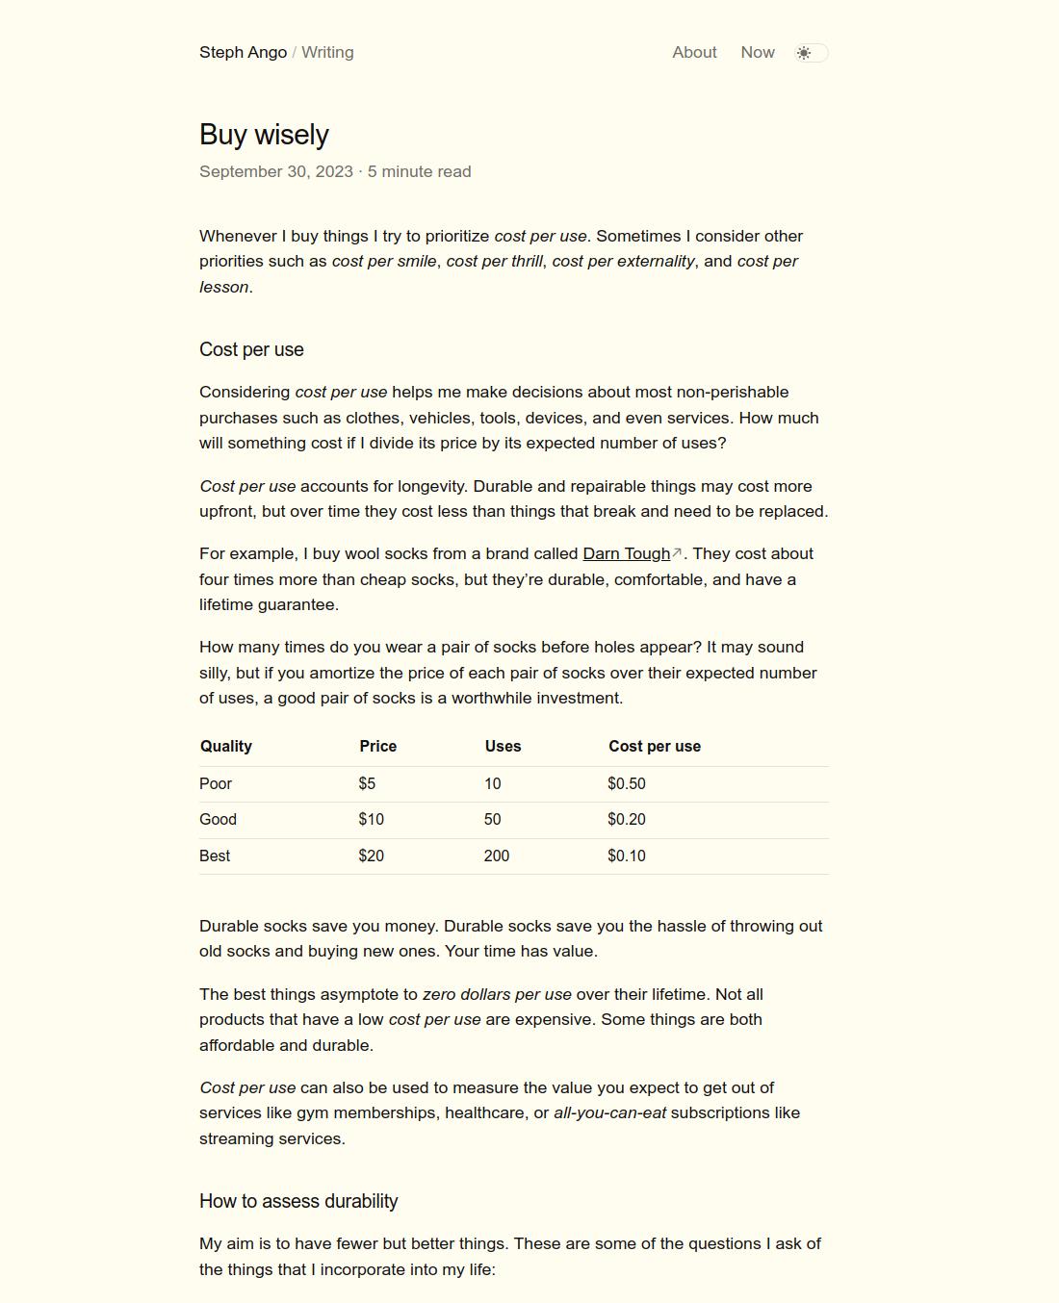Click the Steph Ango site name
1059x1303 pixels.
[x=243, y=53]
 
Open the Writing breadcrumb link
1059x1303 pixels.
[x=327, y=53]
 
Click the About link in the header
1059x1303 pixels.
[x=694, y=53]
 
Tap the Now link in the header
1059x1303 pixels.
[x=758, y=53]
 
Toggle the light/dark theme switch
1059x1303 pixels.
[x=811, y=53]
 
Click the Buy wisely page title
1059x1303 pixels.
[x=264, y=135]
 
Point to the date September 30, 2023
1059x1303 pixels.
[x=276, y=172]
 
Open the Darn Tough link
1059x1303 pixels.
[x=627, y=554]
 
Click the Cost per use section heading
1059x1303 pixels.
[x=251, y=350]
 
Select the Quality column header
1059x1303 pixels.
[x=226, y=747]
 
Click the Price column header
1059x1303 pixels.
[x=378, y=747]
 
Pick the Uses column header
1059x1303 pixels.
[x=503, y=747]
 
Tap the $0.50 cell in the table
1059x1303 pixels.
[x=627, y=784]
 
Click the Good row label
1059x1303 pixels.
[x=218, y=820]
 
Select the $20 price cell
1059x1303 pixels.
[x=371, y=856]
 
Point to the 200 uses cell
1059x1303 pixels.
[x=497, y=856]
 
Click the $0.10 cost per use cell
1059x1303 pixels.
[x=627, y=856]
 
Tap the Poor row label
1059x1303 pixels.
[x=216, y=784]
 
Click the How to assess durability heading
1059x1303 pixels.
[x=298, y=1202]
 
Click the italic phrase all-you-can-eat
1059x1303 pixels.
[x=609, y=1113]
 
